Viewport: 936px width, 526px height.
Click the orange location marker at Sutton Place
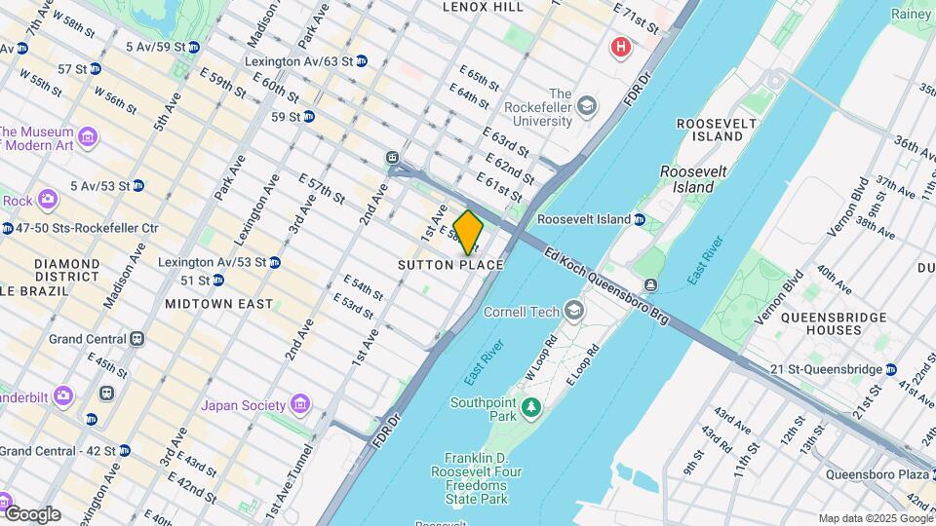pyautogui.click(x=468, y=232)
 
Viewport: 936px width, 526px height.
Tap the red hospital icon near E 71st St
pyautogui.click(x=618, y=46)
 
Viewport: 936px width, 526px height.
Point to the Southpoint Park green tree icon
pyautogui.click(x=530, y=405)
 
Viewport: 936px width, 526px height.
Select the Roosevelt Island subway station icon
pyautogui.click(x=639, y=220)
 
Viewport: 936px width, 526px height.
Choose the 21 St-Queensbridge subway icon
pyautogui.click(x=890, y=368)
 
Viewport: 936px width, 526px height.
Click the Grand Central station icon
pyautogui.click(x=137, y=339)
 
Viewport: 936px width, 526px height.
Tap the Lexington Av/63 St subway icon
pyautogui.click(x=361, y=60)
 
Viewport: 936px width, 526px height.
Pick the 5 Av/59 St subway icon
pyautogui.click(x=193, y=46)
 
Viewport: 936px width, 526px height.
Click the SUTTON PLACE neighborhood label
pyautogui.click(x=450, y=265)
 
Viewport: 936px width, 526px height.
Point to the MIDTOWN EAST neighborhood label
pyautogui.click(x=218, y=304)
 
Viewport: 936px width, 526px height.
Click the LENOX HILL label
pyautogui.click(x=483, y=7)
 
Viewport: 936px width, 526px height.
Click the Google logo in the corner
pyautogui.click(x=32, y=514)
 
